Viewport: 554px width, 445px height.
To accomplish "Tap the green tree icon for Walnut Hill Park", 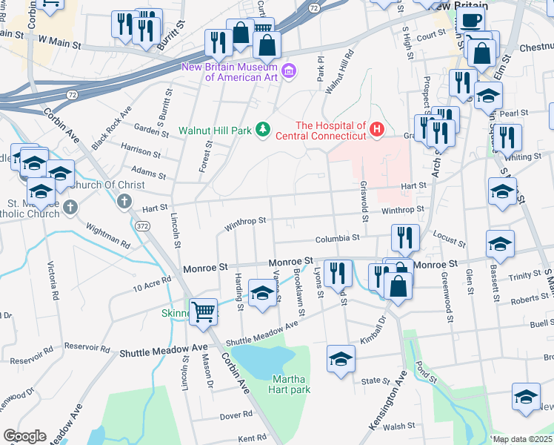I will [x=261, y=131].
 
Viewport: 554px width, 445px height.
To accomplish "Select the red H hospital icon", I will [x=377, y=131].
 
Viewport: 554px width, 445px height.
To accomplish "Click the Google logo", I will [x=24, y=435].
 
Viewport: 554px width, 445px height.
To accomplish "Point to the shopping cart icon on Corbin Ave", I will [x=203, y=311].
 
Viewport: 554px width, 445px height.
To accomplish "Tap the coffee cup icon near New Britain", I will [x=471, y=21].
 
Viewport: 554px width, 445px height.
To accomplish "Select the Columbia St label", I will [x=336, y=239].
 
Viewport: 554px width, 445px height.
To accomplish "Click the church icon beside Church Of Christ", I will [x=124, y=201].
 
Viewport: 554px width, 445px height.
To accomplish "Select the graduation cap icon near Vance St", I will [x=261, y=293].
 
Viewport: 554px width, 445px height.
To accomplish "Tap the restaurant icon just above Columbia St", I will [x=404, y=237].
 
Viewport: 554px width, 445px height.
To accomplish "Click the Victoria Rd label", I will [x=53, y=278].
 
